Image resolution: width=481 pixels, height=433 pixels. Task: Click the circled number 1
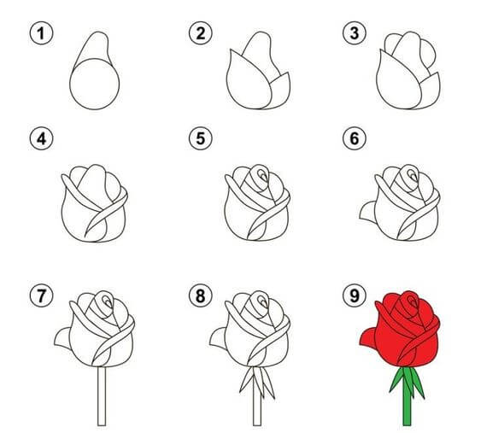pos(41,33)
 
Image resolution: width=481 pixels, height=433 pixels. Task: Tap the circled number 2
pos(201,33)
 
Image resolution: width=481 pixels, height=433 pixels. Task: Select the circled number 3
pos(355,33)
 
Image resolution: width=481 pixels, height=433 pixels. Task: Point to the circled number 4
pos(41,138)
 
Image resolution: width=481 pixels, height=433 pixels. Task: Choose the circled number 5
pos(201,138)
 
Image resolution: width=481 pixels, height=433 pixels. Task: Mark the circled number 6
pos(355,138)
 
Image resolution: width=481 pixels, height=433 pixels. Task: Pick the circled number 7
pos(41,295)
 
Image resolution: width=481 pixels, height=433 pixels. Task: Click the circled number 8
pos(201,295)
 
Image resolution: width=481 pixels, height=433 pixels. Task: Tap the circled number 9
pos(355,295)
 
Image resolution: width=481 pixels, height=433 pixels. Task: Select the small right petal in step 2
pos(282,91)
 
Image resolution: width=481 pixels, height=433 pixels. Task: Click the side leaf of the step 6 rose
pos(367,212)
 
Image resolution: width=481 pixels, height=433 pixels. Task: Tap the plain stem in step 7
pos(102,396)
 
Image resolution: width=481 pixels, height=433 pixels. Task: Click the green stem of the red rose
pos(407,399)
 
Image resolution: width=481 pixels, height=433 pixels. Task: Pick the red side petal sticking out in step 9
pos(368,338)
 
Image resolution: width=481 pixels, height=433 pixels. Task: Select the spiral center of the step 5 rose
pos(261,175)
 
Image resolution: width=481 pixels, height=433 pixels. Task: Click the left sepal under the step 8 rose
pos(246,380)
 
